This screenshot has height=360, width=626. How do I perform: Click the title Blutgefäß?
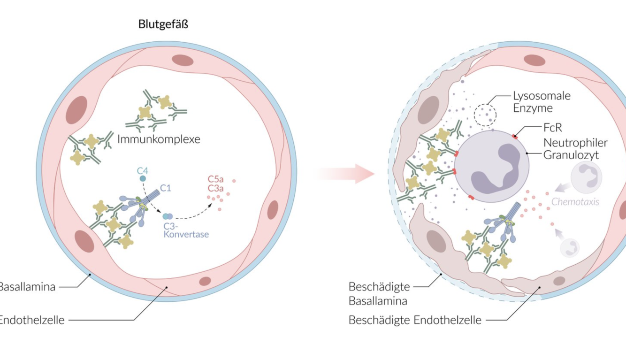(163, 24)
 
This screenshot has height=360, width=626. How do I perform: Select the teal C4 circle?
(143, 179)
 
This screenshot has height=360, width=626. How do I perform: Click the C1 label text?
(165, 188)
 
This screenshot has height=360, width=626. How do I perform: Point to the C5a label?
(215, 179)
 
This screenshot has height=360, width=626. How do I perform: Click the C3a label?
(215, 189)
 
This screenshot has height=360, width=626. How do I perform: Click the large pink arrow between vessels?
(345, 174)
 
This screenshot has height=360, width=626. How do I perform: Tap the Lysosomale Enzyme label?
(542, 102)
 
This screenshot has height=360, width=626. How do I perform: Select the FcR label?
(552, 127)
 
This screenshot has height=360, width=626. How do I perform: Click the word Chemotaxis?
(575, 202)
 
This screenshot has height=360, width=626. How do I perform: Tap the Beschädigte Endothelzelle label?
(415, 320)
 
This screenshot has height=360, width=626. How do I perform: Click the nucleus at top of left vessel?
(182, 60)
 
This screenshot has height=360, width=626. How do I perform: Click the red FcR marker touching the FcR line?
(515, 137)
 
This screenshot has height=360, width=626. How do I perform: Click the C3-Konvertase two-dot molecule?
(168, 216)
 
